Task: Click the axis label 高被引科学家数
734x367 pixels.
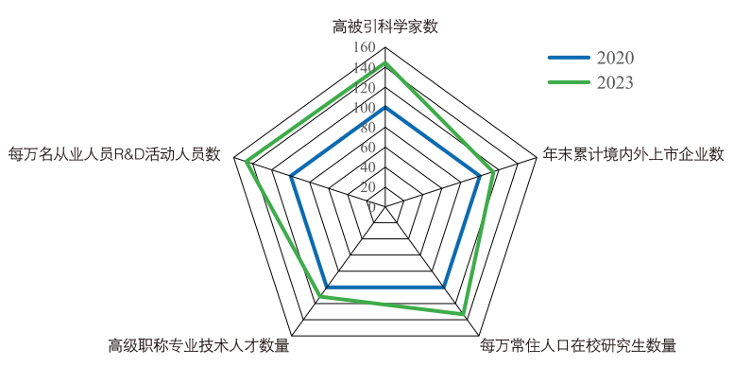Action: pyautogui.click(x=385, y=26)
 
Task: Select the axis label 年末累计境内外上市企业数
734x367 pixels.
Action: pyautogui.click(x=634, y=153)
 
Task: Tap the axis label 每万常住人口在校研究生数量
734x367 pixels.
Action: pyautogui.click(x=578, y=345)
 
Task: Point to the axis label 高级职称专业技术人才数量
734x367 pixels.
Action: pyautogui.click(x=198, y=345)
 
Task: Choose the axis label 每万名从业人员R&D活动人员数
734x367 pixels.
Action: pyautogui.click(x=114, y=153)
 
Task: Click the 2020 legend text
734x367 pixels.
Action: pyautogui.click(x=614, y=59)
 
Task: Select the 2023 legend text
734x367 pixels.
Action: pyautogui.click(x=614, y=82)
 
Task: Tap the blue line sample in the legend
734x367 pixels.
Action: pyautogui.click(x=568, y=59)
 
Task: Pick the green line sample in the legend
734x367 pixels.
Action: pyautogui.click(x=568, y=82)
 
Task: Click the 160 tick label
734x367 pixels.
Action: pyautogui.click(x=364, y=47)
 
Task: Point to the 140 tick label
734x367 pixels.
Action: pyautogui.click(x=364, y=68)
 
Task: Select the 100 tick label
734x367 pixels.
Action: pyautogui.click(x=364, y=108)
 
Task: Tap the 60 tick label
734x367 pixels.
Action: pyautogui.click(x=367, y=148)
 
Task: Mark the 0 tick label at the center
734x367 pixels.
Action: pyautogui.click(x=371, y=206)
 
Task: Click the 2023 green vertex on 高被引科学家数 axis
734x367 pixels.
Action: pyautogui.click(x=385, y=63)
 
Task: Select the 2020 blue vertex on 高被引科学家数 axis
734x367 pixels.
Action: pyautogui.click(x=385, y=108)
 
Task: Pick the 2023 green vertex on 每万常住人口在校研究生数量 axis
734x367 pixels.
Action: pyautogui.click(x=464, y=313)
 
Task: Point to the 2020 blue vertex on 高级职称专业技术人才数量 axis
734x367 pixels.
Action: pyautogui.click(x=327, y=287)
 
